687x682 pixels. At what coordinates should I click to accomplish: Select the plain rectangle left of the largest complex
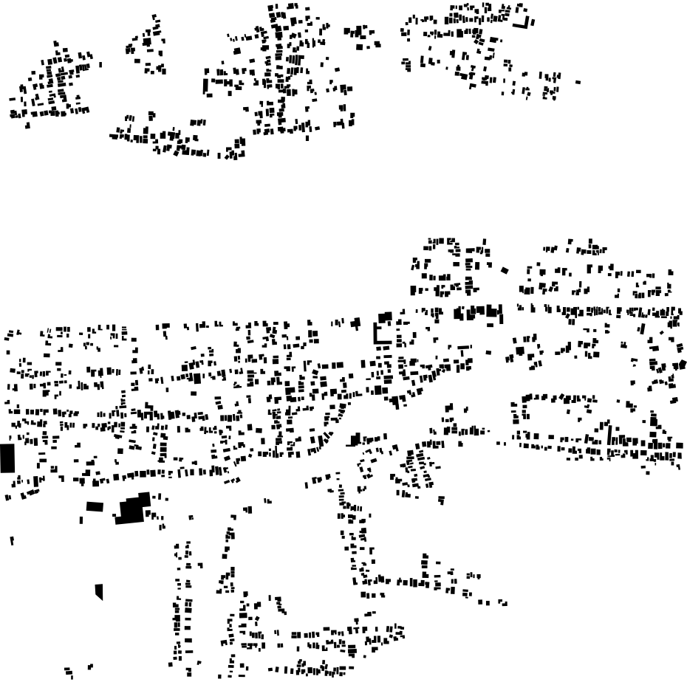point(94,506)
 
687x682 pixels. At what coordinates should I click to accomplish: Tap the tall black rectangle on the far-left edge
point(7,458)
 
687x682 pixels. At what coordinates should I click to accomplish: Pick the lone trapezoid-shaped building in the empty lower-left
point(99,592)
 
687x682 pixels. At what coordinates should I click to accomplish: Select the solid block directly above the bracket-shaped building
point(385,317)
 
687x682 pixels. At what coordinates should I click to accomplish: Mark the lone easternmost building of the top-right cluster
point(578,82)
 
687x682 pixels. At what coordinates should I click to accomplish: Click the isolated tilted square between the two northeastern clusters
point(505,270)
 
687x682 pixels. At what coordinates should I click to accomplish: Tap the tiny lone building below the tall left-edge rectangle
point(12,541)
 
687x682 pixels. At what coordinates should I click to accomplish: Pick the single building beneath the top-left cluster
point(28,125)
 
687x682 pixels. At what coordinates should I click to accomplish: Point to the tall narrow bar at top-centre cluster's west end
point(205,86)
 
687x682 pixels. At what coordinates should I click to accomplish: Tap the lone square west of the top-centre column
point(237,51)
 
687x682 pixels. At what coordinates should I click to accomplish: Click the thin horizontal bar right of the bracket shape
point(465,347)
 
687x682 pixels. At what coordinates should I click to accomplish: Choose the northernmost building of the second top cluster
point(153,16)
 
